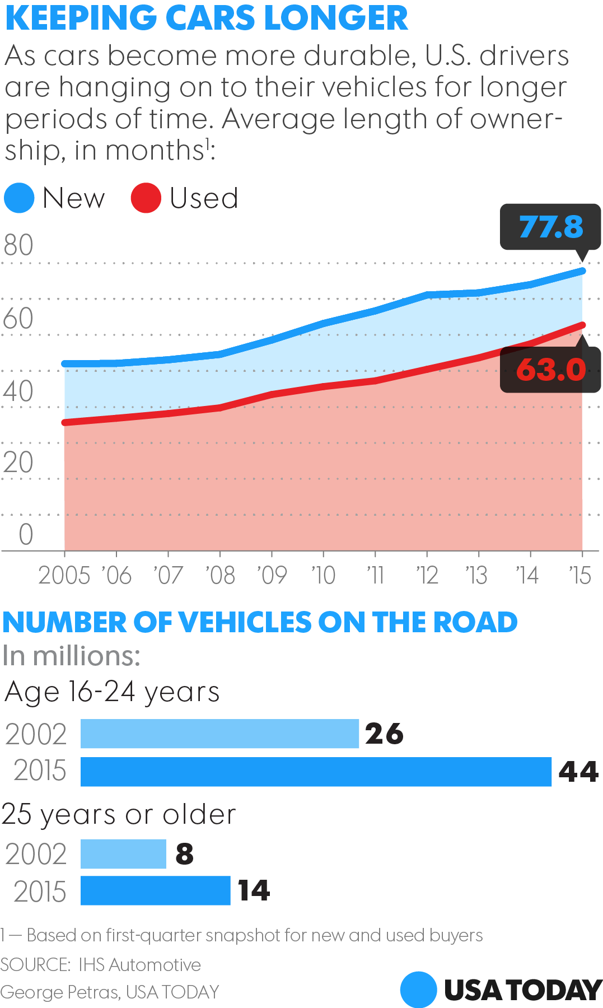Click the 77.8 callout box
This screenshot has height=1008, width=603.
point(550,227)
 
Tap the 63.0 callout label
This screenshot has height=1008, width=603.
point(550,370)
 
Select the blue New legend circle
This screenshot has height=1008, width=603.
point(19,198)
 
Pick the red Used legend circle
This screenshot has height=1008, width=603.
point(146,198)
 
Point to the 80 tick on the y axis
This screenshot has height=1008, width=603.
point(18,245)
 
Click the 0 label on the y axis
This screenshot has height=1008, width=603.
point(26,534)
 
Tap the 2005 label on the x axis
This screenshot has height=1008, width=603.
point(64,575)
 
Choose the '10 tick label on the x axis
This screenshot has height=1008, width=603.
point(323,575)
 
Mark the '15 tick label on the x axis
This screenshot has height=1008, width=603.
point(580,575)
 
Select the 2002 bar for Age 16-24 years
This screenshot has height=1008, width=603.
point(219,734)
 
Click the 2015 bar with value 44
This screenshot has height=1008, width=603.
point(316,772)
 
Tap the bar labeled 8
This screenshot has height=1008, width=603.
point(123,854)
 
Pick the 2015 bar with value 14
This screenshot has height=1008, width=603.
point(155,890)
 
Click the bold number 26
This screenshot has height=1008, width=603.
point(384,734)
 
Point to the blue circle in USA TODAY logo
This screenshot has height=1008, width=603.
point(418,990)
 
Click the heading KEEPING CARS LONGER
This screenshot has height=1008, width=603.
point(206,18)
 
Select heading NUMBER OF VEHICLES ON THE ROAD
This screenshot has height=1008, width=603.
point(260,622)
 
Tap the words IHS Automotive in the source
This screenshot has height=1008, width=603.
point(139,965)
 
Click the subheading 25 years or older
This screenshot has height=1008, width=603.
point(119,814)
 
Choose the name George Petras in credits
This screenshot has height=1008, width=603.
point(59,992)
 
